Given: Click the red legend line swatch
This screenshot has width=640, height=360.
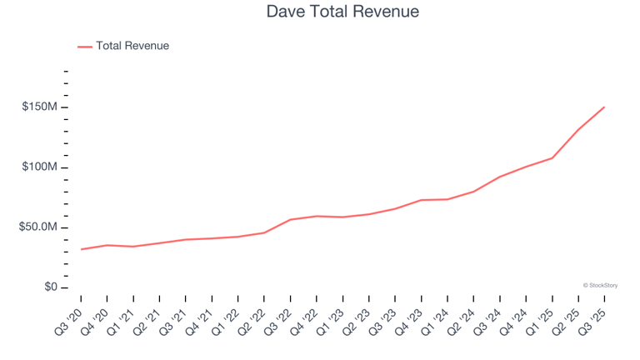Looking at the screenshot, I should click(x=85, y=47).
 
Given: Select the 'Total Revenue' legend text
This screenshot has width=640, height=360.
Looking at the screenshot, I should click(x=132, y=47).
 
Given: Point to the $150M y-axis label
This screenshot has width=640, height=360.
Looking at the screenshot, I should click(x=40, y=107).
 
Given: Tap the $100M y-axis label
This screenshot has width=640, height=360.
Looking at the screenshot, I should click(x=40, y=167).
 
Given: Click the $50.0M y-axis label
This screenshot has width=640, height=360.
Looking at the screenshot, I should click(x=38, y=227).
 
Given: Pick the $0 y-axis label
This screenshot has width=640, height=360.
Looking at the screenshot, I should click(x=49, y=287).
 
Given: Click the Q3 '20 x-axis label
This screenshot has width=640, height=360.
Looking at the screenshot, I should click(x=70, y=318).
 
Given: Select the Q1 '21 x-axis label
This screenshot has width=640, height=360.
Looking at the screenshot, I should click(x=122, y=318).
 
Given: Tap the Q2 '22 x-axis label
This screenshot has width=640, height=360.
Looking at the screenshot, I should click(x=253, y=318).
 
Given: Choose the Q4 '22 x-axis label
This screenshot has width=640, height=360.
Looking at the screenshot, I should click(x=306, y=318).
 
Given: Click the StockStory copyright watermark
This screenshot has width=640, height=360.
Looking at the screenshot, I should click(x=600, y=285).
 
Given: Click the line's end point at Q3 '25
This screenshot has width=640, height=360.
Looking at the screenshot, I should click(x=604, y=107).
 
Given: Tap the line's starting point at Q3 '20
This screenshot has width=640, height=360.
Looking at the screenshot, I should click(x=81, y=249).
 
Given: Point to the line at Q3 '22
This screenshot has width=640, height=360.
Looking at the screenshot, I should click(x=290, y=220).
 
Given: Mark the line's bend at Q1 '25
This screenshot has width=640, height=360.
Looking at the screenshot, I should click(x=552, y=158).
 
